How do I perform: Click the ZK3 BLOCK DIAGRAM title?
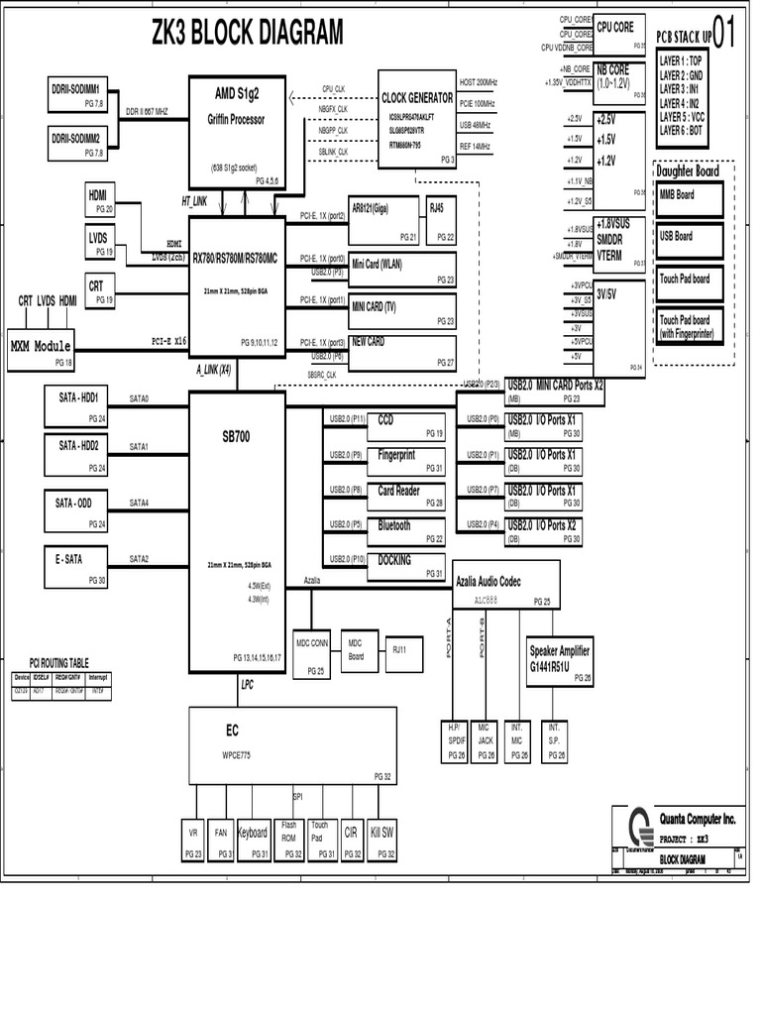pos(247,35)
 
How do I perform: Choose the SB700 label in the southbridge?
pos(236,435)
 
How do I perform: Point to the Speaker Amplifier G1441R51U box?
pos(561,660)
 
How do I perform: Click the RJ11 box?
pos(399,650)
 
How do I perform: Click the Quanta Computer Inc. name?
pos(698,818)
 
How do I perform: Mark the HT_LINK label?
pos(194,201)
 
